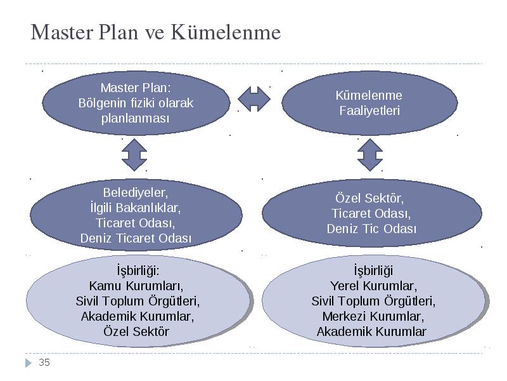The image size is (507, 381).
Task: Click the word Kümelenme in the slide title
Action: pos(226,32)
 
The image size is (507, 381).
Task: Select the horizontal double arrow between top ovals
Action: pos(254,99)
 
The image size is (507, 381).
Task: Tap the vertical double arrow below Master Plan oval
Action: pos(134,155)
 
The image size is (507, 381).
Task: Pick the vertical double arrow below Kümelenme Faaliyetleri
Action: pos(370,155)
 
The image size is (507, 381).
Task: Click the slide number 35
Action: pos(44,362)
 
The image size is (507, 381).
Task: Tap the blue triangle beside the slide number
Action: pos(29,363)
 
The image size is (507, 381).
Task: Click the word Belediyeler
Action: pos(136,192)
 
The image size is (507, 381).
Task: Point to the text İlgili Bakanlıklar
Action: pos(136,208)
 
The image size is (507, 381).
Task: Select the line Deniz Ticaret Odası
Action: pos(136,238)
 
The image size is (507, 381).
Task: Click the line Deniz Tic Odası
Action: pos(371,229)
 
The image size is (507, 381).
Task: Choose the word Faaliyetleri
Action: pos(369,110)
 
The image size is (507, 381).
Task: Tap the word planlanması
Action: pos(135,118)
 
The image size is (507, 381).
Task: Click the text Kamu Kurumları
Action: pos(136,286)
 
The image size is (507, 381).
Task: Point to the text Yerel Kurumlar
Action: pos(373,286)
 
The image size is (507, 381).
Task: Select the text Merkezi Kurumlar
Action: pos(373,316)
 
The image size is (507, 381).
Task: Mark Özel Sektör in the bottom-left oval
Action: pos(136,331)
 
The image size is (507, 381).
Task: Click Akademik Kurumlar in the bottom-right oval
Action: pos(371,331)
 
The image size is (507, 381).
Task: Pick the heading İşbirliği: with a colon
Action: pos(138,271)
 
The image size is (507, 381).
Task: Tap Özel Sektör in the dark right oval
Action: pos(369,198)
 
